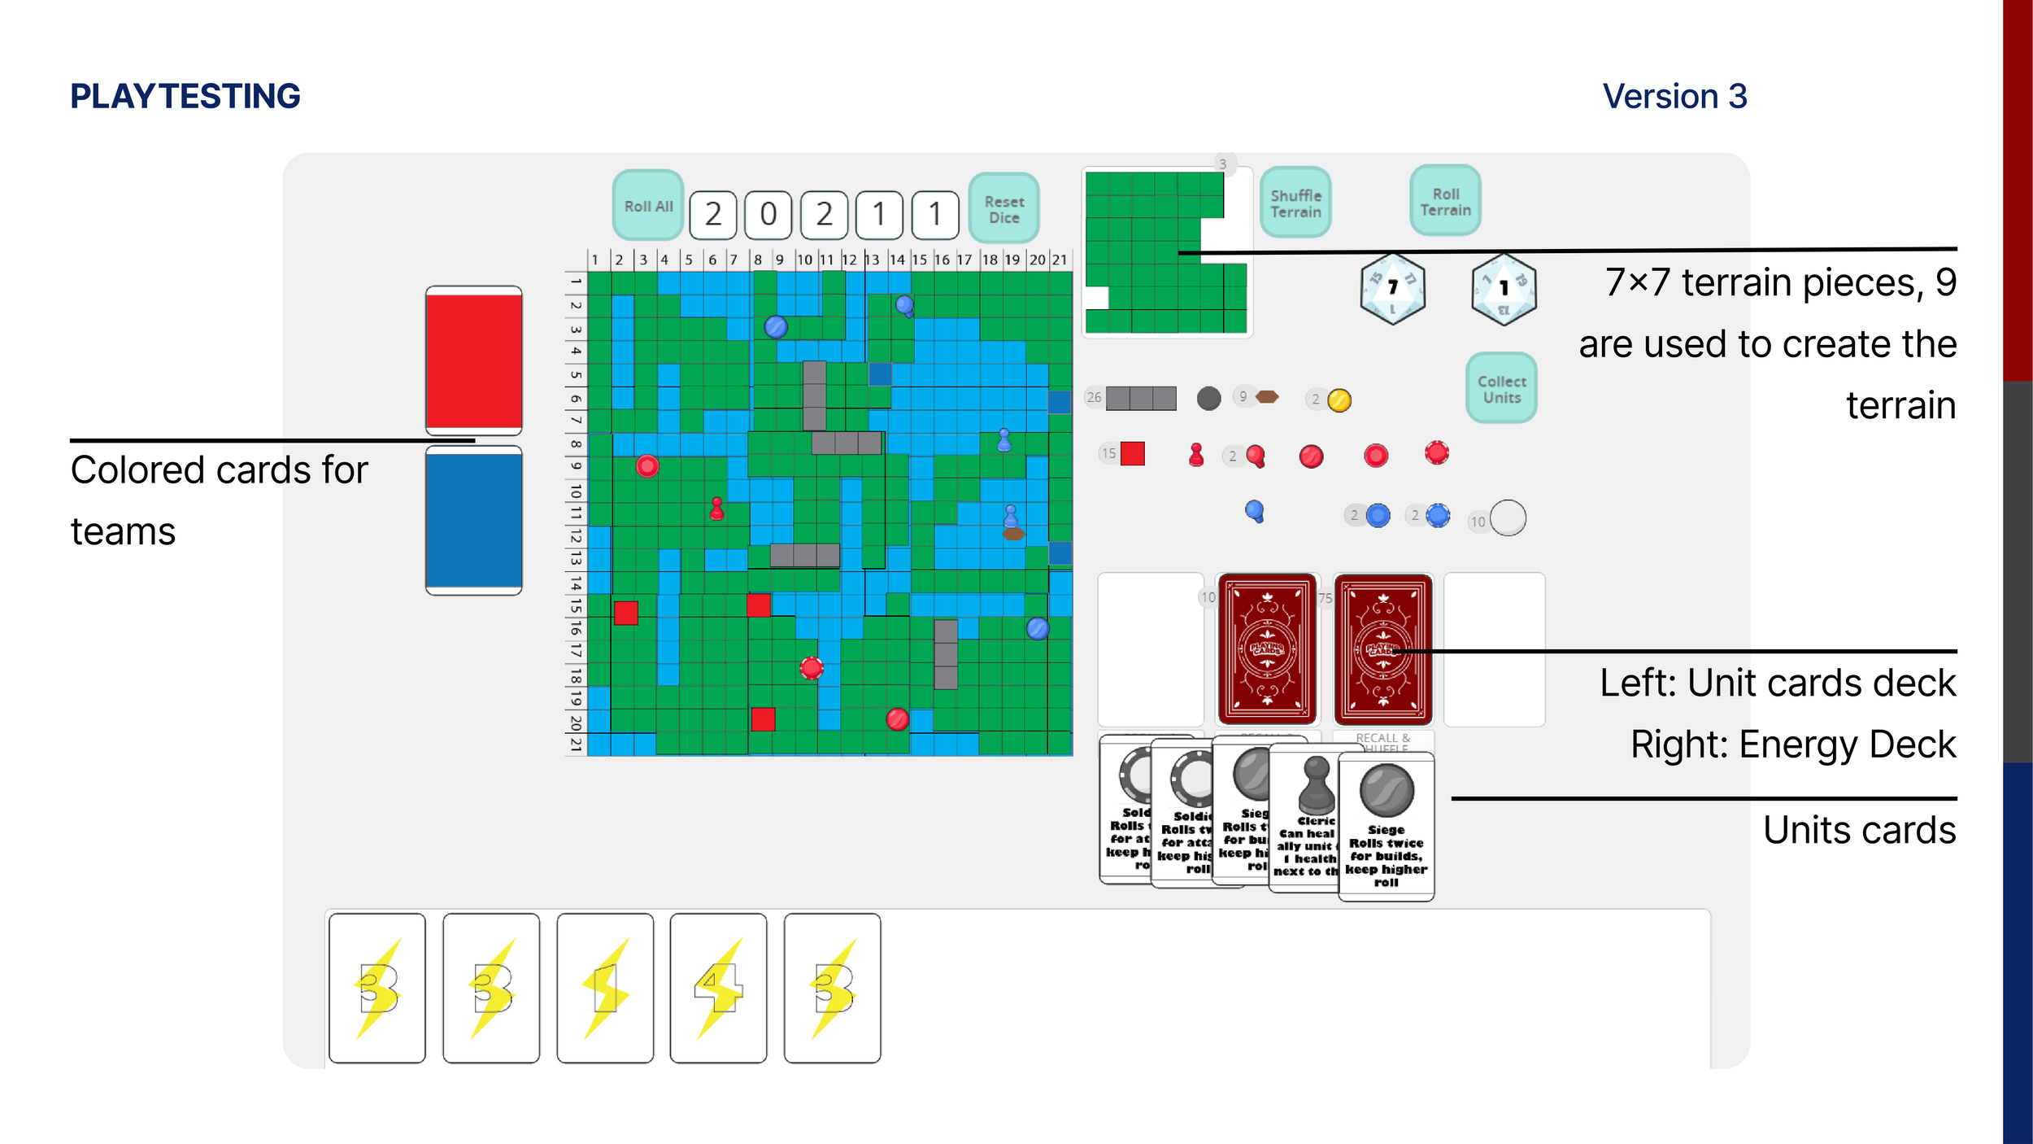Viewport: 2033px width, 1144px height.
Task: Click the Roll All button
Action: pyautogui.click(x=647, y=206)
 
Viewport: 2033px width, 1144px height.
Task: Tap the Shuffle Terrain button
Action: pyautogui.click(x=1295, y=203)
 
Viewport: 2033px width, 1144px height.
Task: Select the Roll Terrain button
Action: pyautogui.click(x=1445, y=201)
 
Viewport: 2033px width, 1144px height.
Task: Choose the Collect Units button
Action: pyautogui.click(x=1501, y=388)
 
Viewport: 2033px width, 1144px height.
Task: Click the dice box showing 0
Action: pyautogui.click(x=768, y=215)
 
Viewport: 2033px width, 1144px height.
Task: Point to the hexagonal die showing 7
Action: pyautogui.click(x=1392, y=288)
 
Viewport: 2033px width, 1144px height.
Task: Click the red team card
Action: pyautogui.click(x=473, y=360)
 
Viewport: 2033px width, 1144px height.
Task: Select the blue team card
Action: pyautogui.click(x=473, y=520)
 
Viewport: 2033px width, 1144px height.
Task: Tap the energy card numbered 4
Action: pyautogui.click(x=718, y=988)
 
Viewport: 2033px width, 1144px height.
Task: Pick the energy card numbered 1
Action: pyautogui.click(x=605, y=988)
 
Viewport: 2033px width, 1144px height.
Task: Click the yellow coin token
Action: pyautogui.click(x=1339, y=400)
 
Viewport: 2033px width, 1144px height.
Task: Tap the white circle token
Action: pyautogui.click(x=1508, y=517)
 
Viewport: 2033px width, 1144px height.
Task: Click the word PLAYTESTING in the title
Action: pyautogui.click(x=185, y=96)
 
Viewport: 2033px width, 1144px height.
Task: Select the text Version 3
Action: pyautogui.click(x=1674, y=96)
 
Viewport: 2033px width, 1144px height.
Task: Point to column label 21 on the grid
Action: pyautogui.click(x=1060, y=260)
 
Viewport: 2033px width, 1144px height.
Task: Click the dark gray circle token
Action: pyautogui.click(x=1208, y=398)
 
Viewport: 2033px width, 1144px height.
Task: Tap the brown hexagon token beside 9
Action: pyautogui.click(x=1267, y=397)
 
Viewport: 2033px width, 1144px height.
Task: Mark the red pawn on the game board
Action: pyautogui.click(x=716, y=509)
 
